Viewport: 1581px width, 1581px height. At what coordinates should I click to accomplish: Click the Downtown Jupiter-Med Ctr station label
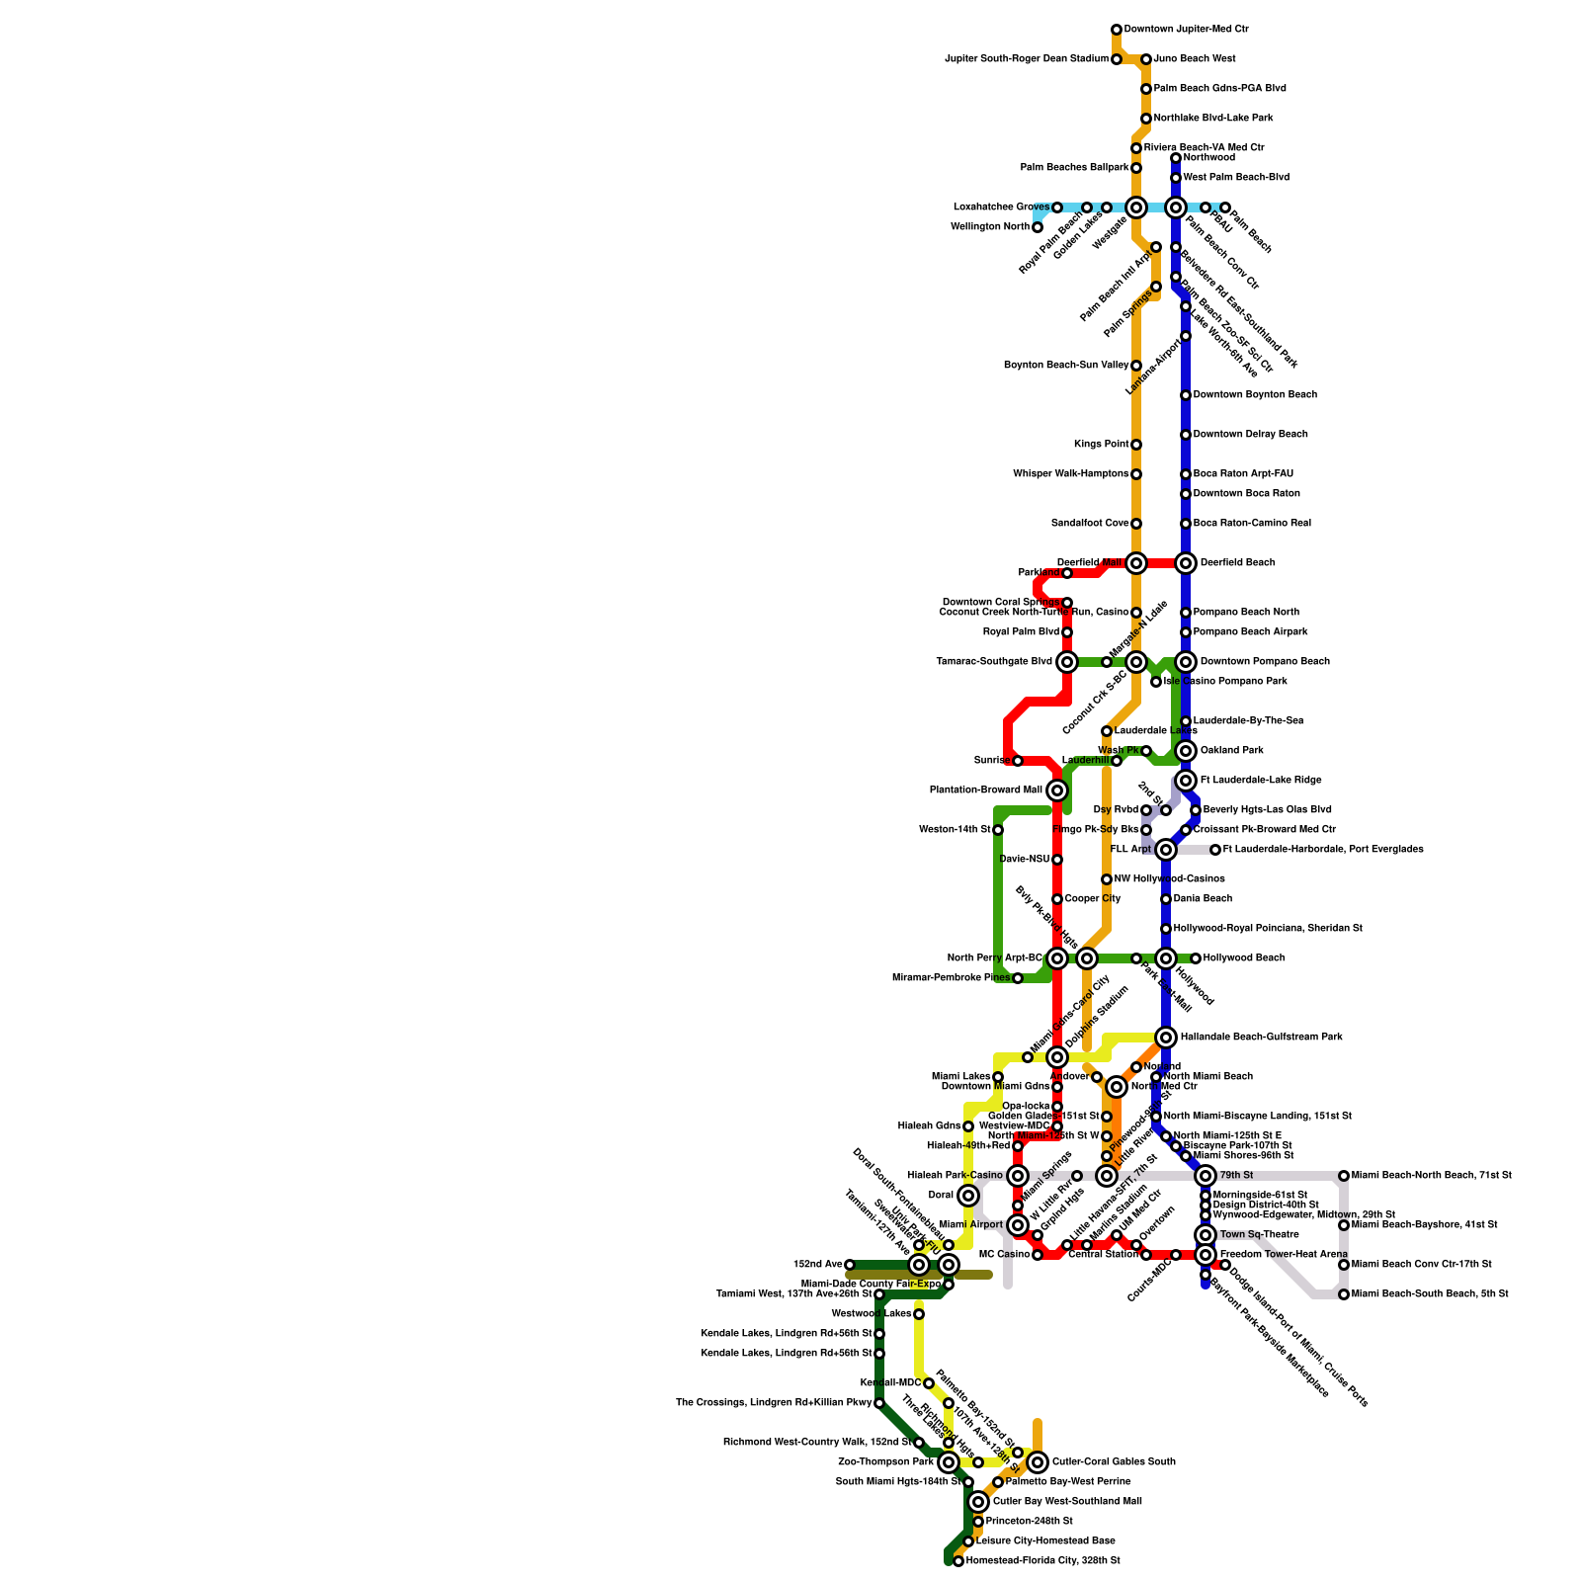1186,30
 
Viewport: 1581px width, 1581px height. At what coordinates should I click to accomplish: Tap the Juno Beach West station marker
1146,60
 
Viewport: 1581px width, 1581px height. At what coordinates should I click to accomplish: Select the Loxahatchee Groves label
1001,208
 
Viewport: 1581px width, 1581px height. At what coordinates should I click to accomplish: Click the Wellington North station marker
1038,228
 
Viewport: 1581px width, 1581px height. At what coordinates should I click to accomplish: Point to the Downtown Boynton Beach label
1255,395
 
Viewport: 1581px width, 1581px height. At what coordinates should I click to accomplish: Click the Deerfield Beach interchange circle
1186,563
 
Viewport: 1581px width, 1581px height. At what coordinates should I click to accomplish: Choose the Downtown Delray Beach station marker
1186,435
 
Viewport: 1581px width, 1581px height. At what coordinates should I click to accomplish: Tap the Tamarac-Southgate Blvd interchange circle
1067,662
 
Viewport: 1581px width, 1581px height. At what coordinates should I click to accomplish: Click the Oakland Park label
1231,751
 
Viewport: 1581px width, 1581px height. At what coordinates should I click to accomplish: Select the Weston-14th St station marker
998,830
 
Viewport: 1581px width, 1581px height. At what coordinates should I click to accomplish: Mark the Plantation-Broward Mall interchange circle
1057,790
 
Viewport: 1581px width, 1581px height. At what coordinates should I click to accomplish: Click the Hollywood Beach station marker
1196,958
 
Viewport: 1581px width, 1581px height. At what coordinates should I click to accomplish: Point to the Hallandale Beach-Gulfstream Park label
1261,1038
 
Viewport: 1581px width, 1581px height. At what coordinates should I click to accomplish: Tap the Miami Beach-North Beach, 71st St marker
1344,1176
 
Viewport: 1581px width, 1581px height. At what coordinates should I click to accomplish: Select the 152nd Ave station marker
850,1265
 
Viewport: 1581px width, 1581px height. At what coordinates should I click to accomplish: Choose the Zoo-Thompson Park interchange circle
949,1462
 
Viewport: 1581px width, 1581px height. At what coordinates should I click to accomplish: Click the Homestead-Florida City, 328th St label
1042,1561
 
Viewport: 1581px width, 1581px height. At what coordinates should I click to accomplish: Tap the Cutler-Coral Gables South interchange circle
1038,1462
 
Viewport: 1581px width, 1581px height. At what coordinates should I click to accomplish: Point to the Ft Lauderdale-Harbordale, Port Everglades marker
1215,850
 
